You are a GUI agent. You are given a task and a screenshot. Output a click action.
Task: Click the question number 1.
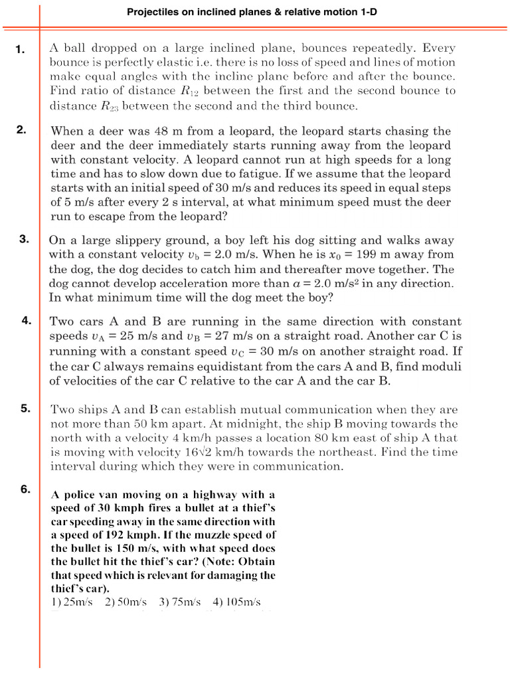click(21, 49)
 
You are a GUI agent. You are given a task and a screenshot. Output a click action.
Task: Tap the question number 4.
click(27, 321)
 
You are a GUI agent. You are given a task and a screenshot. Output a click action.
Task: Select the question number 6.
click(25, 489)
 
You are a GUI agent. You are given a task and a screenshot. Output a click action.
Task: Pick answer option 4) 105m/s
click(236, 602)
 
